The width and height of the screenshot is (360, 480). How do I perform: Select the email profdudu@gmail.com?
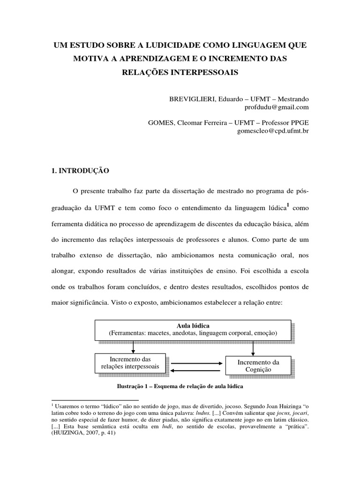(x=277, y=107)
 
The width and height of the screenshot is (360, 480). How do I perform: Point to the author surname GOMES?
(x=161, y=123)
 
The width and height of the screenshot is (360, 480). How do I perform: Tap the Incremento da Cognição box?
(x=258, y=366)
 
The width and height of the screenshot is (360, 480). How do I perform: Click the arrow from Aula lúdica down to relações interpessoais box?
(x=134, y=346)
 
